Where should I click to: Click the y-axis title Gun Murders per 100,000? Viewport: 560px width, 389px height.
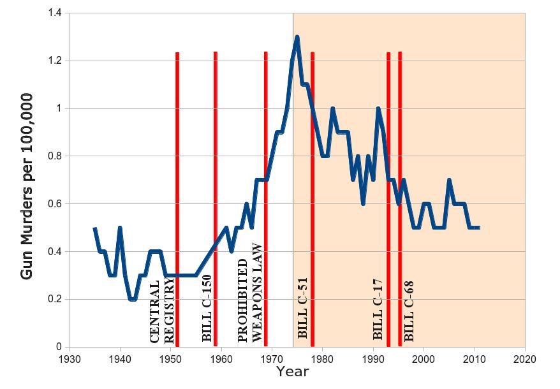pyautogui.click(x=27, y=186)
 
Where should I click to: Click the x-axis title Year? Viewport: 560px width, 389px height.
pyautogui.click(x=293, y=371)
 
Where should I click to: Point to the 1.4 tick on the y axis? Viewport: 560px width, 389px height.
pyautogui.click(x=57, y=13)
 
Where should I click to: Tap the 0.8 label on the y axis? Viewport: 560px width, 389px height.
pyautogui.click(x=57, y=156)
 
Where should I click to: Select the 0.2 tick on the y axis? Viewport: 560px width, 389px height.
pyautogui.click(x=57, y=299)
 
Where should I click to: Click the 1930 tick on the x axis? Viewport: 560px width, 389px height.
pyautogui.click(x=69, y=358)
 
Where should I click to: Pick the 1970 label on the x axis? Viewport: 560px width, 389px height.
pyautogui.click(x=272, y=358)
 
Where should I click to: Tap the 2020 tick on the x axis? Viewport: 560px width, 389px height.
pyautogui.click(x=525, y=358)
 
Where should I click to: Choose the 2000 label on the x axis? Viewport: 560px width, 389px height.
pyautogui.click(x=424, y=358)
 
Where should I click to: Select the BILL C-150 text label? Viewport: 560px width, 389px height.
pyautogui.click(x=207, y=308)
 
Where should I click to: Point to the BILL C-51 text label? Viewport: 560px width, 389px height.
pyautogui.click(x=303, y=307)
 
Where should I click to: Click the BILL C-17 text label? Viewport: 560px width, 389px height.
pyautogui.click(x=378, y=309)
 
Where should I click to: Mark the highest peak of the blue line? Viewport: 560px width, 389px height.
pyautogui.click(x=297, y=37)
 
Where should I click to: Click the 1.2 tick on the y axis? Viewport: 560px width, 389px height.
pyautogui.click(x=57, y=61)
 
